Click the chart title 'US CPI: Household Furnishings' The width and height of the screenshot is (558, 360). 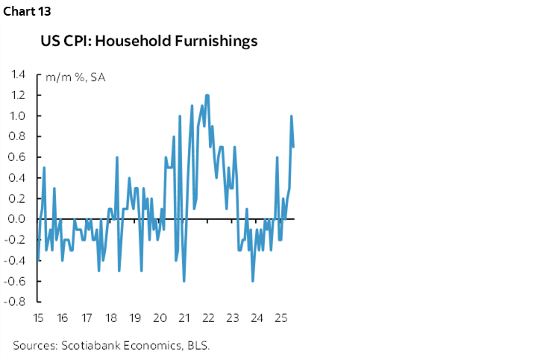click(x=149, y=41)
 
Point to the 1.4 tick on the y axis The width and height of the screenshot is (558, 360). click(x=18, y=75)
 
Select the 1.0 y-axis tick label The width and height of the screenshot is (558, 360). click(x=18, y=116)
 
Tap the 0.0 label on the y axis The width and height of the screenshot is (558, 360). click(x=18, y=219)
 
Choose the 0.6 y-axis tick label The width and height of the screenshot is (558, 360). click(x=18, y=157)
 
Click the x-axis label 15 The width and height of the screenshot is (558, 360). click(x=37, y=319)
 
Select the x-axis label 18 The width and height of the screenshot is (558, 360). click(x=110, y=319)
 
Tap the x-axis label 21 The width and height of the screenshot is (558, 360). click(x=184, y=319)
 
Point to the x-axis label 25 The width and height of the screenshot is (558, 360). click(x=281, y=319)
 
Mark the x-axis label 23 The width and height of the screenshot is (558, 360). click(x=233, y=319)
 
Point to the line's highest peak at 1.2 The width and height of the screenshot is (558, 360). click(x=207, y=95)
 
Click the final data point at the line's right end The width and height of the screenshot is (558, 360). click(x=293, y=147)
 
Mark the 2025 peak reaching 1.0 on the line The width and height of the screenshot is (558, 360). click(x=291, y=116)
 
